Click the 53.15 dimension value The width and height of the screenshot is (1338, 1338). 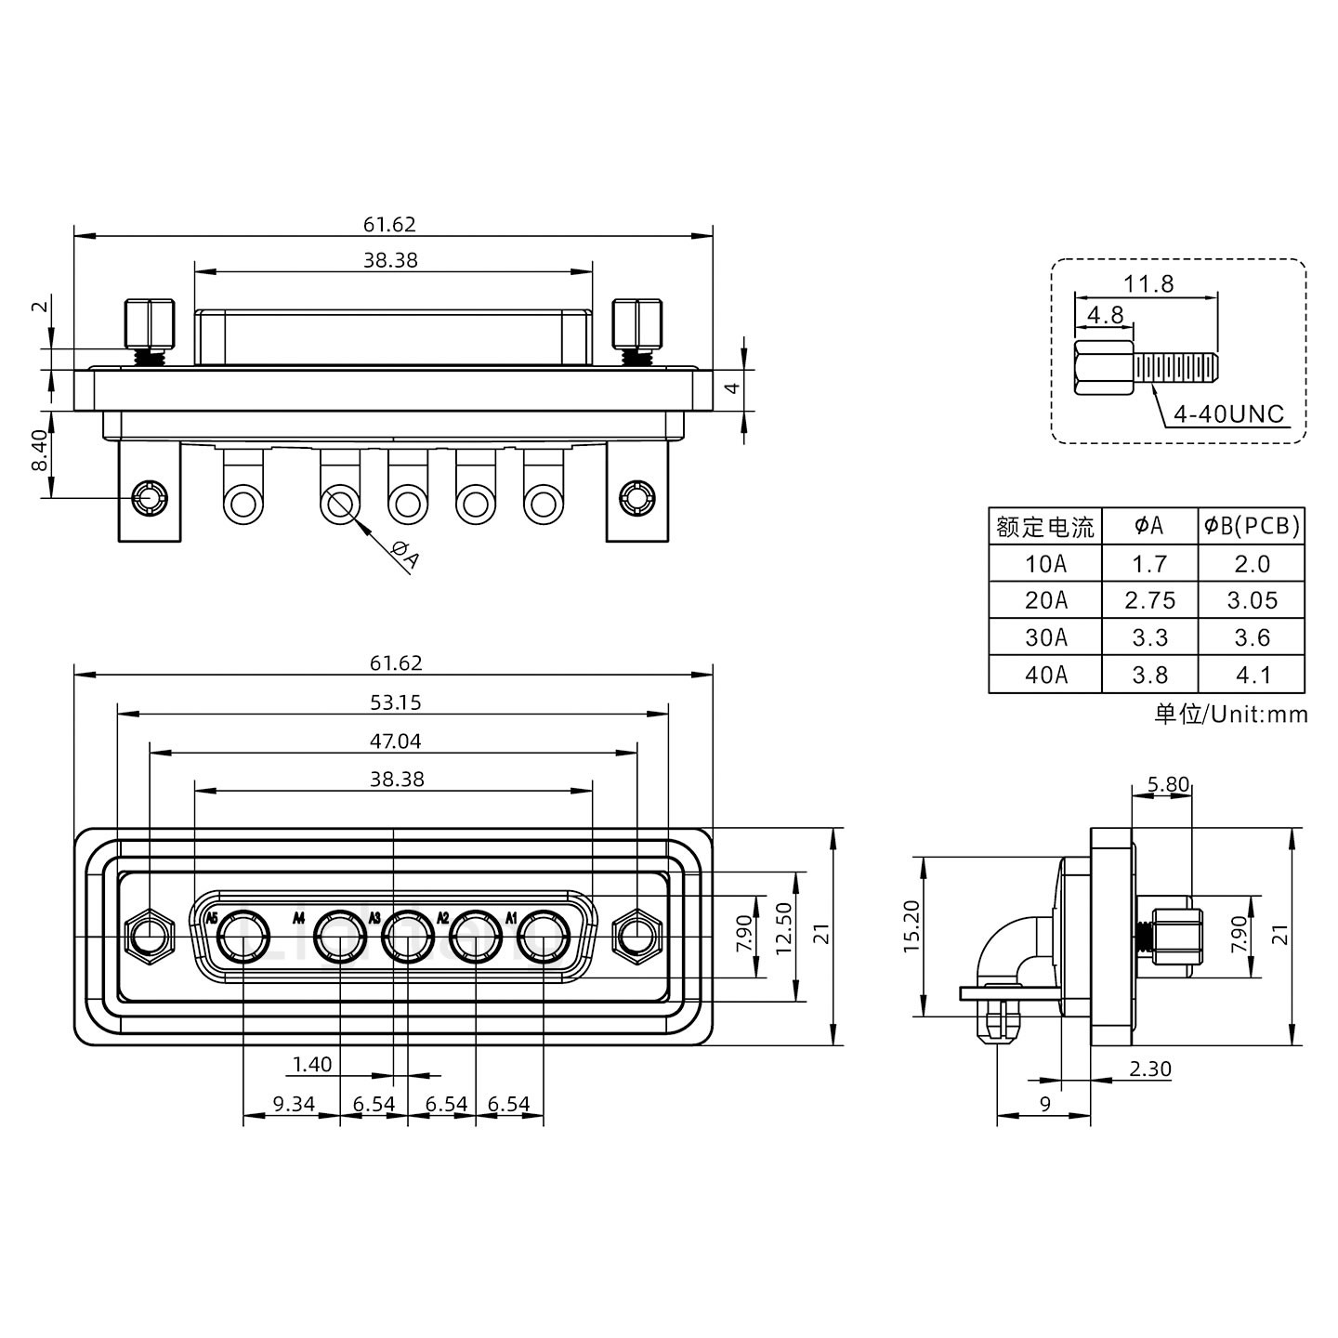click(396, 702)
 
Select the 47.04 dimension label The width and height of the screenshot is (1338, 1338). click(396, 741)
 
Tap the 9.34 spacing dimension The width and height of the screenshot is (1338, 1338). click(294, 1104)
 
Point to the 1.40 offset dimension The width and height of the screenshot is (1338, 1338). click(311, 1064)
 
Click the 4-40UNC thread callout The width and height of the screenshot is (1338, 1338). click(1227, 413)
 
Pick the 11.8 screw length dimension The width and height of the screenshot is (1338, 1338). click(1148, 283)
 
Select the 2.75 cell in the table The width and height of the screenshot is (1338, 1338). click(1149, 600)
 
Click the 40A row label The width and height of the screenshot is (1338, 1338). click(1045, 675)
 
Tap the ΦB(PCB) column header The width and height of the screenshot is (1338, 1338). click(1252, 526)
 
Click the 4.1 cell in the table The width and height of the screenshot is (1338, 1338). click(1252, 675)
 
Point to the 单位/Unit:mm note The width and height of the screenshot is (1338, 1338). click(1230, 714)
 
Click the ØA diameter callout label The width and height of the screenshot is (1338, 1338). click(406, 555)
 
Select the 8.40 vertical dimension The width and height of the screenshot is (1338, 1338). click(40, 451)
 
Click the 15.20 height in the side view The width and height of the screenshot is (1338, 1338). click(912, 926)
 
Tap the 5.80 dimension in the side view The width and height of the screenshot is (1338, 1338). click(1167, 784)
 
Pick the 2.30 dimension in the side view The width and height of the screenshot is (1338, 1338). click(1149, 1069)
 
